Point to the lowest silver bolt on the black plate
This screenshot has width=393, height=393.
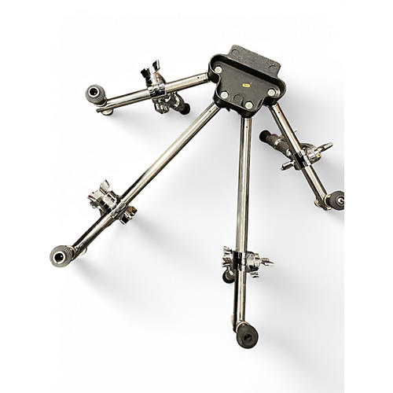248,105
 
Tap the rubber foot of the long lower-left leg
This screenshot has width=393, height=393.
63,255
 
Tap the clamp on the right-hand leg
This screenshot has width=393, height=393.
307,154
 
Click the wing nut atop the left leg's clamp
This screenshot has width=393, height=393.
151,74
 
